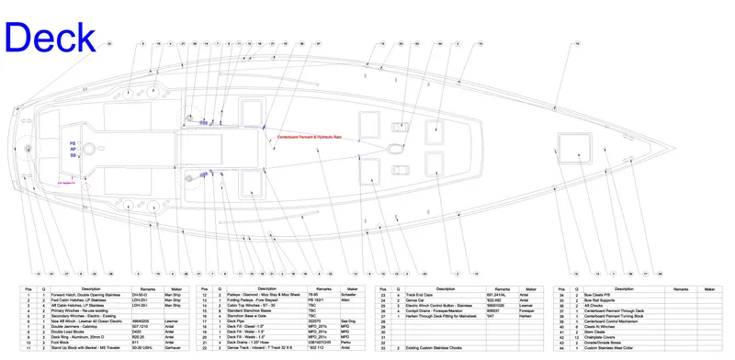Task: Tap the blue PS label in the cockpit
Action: click(73, 144)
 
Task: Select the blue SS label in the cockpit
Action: click(73, 156)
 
